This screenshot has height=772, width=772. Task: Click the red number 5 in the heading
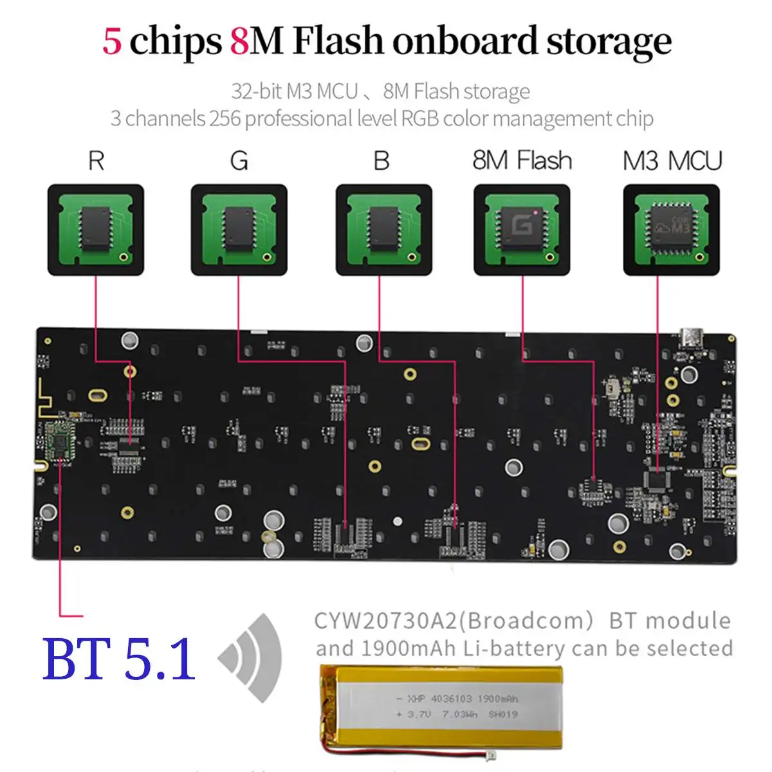tap(112, 41)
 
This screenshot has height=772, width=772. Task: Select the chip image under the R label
tap(96, 230)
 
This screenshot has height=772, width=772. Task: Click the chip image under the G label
tap(239, 230)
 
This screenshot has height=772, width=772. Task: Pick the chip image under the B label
tap(384, 230)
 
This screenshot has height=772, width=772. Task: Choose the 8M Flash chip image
tap(522, 230)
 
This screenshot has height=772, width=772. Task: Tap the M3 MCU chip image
tap(672, 230)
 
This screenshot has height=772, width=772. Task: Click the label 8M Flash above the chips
tap(522, 160)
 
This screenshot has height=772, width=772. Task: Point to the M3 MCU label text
tap(672, 160)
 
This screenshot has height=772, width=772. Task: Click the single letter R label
tap(96, 161)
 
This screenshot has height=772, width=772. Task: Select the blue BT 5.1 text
tap(119, 659)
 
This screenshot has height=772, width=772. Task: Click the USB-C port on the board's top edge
tap(691, 336)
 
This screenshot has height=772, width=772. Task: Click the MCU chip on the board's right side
tap(657, 480)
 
